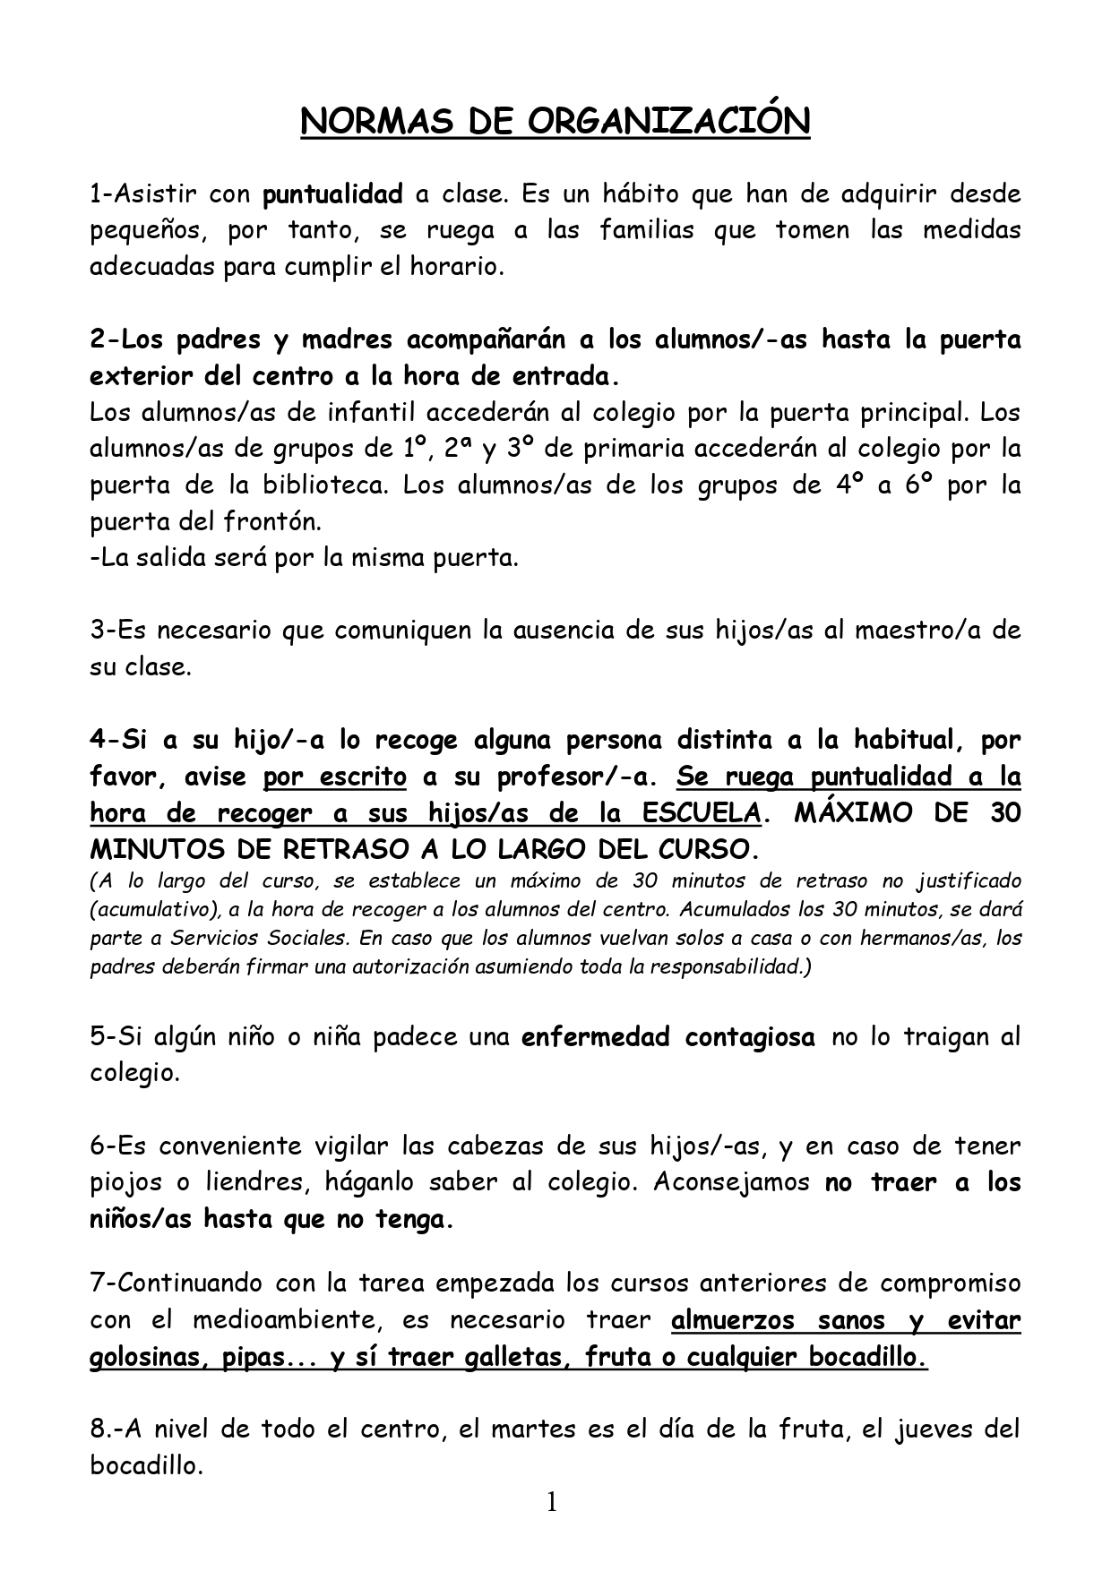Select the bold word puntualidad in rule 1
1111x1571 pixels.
(x=332, y=194)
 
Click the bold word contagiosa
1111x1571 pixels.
(x=750, y=1038)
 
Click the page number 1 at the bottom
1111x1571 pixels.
(x=552, y=1502)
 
